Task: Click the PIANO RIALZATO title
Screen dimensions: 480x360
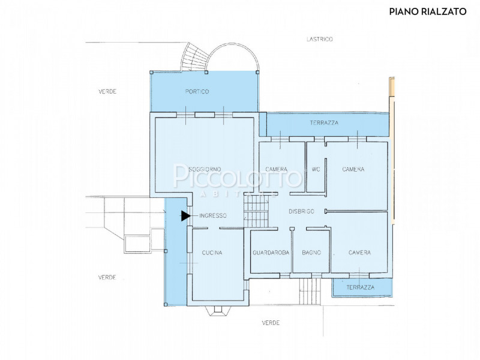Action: pos(428,11)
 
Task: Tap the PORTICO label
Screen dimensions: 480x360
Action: pos(197,92)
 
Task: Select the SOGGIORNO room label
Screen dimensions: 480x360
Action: pos(205,169)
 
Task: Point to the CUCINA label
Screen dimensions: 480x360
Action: pos(212,253)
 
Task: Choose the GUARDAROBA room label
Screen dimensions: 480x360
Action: pos(271,253)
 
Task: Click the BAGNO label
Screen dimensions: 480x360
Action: pos(311,253)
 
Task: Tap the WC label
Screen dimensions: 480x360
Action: pos(316,169)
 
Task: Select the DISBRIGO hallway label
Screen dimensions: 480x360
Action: pos(302,212)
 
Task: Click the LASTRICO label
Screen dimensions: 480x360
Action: pos(320,39)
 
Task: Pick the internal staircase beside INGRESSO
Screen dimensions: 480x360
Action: pos(256,212)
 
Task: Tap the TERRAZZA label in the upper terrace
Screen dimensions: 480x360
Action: pos(324,123)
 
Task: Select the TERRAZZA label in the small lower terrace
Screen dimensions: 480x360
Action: pos(361,287)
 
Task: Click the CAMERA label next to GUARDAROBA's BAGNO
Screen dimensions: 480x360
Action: pos(359,253)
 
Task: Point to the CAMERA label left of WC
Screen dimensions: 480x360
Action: pos(277,169)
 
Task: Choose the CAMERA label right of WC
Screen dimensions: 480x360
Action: pos(353,169)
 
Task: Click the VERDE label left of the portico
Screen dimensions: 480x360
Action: pos(107,92)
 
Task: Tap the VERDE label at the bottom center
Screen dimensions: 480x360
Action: pos(271,323)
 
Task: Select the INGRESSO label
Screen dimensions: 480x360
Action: pos(213,216)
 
